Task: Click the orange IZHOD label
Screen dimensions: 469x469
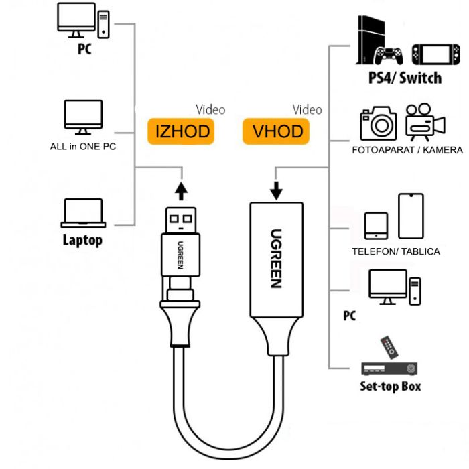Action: coord(182,131)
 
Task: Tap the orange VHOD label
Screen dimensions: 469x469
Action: coord(277,131)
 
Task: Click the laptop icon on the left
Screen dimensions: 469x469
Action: coord(82,214)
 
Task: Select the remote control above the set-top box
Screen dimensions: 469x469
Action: coord(389,347)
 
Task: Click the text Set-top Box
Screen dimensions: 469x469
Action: coord(390,386)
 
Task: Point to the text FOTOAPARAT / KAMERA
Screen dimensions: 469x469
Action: coord(407,150)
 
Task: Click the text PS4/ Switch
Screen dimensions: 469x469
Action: coord(405,78)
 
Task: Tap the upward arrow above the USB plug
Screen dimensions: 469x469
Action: coord(180,191)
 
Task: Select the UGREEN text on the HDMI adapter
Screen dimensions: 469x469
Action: coord(277,258)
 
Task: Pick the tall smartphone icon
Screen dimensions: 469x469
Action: coord(411,216)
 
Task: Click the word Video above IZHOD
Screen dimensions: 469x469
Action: coord(210,109)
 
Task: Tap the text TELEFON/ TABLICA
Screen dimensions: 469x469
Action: coord(395,251)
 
